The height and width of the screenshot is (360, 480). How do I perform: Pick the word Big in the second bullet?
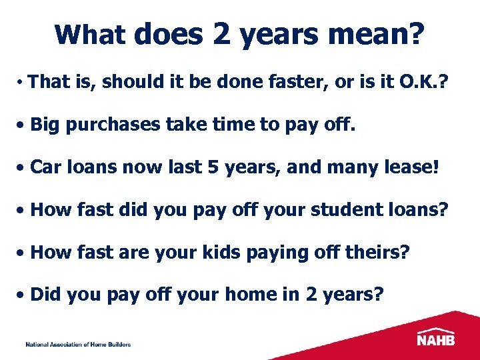click(45, 125)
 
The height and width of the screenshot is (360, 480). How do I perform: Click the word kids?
click(219, 253)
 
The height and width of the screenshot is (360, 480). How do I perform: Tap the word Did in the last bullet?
click(45, 295)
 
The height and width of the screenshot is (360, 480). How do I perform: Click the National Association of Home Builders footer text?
click(78, 345)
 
